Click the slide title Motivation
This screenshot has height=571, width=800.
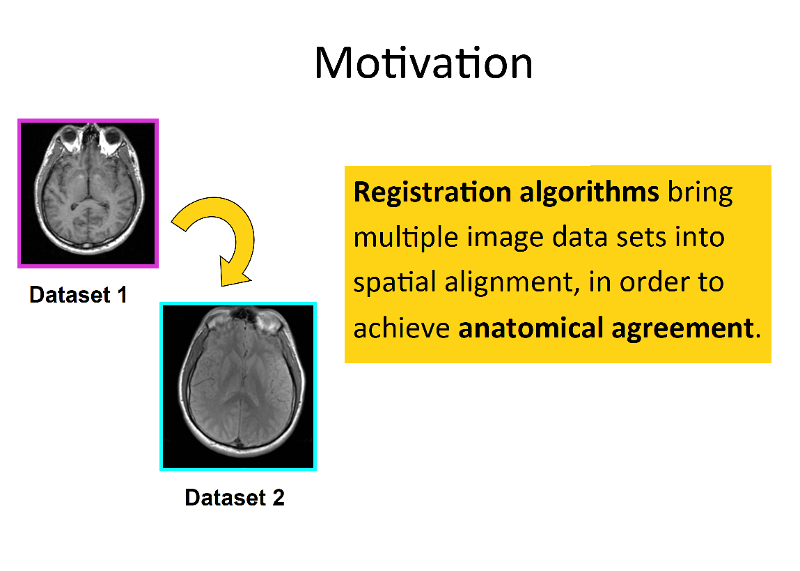point(423,63)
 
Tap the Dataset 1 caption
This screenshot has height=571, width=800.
point(78,295)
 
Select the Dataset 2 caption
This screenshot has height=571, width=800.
point(235,497)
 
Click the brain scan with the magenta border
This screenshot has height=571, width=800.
point(88,193)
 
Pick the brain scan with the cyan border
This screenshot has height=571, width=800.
point(238,386)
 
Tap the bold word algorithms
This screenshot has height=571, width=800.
point(589,192)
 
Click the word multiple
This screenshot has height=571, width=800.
point(395,238)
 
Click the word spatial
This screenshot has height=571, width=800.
point(387,282)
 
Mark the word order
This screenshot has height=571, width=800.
point(647,282)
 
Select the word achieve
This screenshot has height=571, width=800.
point(401,328)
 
